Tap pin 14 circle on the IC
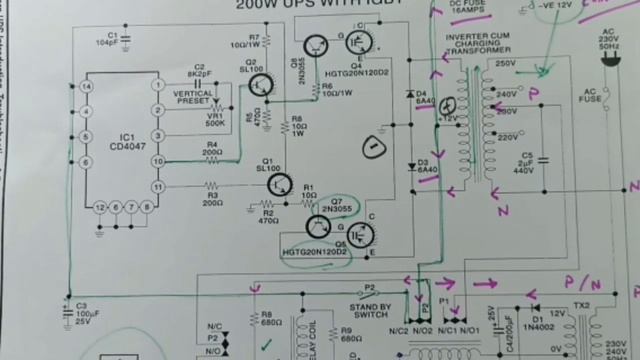point(88,87)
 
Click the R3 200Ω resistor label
point(212,198)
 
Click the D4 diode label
point(423,96)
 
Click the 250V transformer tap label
point(505,64)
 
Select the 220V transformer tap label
point(509,137)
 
